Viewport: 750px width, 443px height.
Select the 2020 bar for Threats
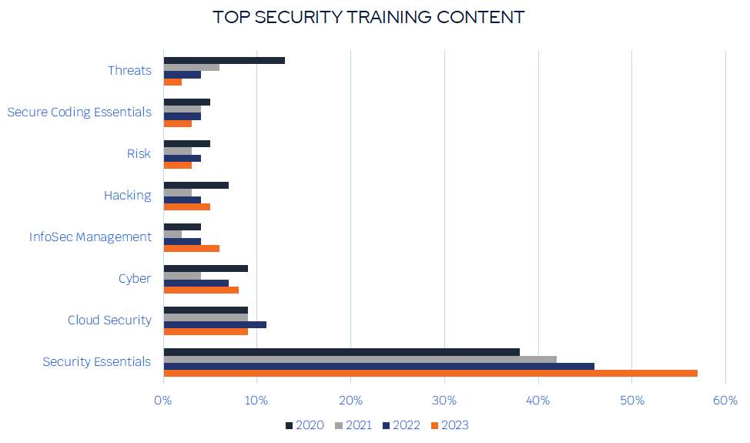tap(224, 60)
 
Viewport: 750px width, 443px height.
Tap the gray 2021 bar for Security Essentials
tap(360, 359)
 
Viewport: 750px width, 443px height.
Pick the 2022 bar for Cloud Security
tap(215, 324)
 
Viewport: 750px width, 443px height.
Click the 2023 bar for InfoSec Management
tap(192, 248)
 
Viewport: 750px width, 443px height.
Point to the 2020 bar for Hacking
tap(196, 185)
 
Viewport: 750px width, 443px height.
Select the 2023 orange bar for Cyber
tap(201, 290)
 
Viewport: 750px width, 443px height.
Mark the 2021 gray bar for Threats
tap(192, 67)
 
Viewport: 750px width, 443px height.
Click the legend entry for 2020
tap(304, 425)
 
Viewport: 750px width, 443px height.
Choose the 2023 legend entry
tap(449, 425)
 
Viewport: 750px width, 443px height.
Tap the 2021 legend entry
tap(353, 425)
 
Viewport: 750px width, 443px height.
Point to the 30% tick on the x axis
tap(444, 401)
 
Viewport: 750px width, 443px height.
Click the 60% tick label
tap(725, 401)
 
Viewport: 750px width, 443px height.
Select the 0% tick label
tap(163, 401)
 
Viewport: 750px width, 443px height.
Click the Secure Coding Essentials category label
tap(79, 112)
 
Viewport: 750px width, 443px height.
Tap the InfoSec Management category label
tap(90, 237)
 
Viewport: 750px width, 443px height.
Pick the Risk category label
tap(139, 153)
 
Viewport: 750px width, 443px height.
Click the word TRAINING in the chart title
tap(377, 17)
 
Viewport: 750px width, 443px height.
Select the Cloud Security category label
tap(109, 320)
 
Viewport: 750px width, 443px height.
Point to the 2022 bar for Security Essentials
tap(379, 366)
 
